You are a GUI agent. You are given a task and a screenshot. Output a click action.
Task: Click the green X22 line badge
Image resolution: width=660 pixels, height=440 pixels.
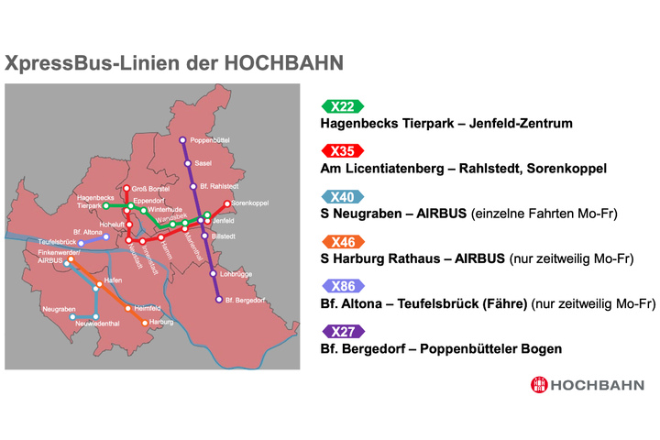click(343, 106)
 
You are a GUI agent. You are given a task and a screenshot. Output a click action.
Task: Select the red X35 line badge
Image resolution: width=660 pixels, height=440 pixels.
click(343, 151)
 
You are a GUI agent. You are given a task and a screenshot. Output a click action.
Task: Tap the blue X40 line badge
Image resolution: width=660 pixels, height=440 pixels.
click(343, 196)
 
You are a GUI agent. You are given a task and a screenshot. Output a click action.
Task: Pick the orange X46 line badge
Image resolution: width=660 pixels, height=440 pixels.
click(343, 241)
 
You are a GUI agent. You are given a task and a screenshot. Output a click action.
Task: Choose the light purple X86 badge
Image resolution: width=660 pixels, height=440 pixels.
click(343, 286)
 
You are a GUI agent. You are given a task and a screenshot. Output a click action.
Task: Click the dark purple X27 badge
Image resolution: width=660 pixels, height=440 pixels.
click(343, 331)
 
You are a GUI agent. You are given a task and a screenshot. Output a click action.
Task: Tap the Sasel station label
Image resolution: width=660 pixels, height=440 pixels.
click(203, 163)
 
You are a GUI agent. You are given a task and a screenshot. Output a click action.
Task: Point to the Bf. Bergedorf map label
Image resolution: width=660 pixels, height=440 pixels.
click(243, 300)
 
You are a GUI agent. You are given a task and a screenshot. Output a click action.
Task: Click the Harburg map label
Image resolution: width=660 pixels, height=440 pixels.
click(160, 323)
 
